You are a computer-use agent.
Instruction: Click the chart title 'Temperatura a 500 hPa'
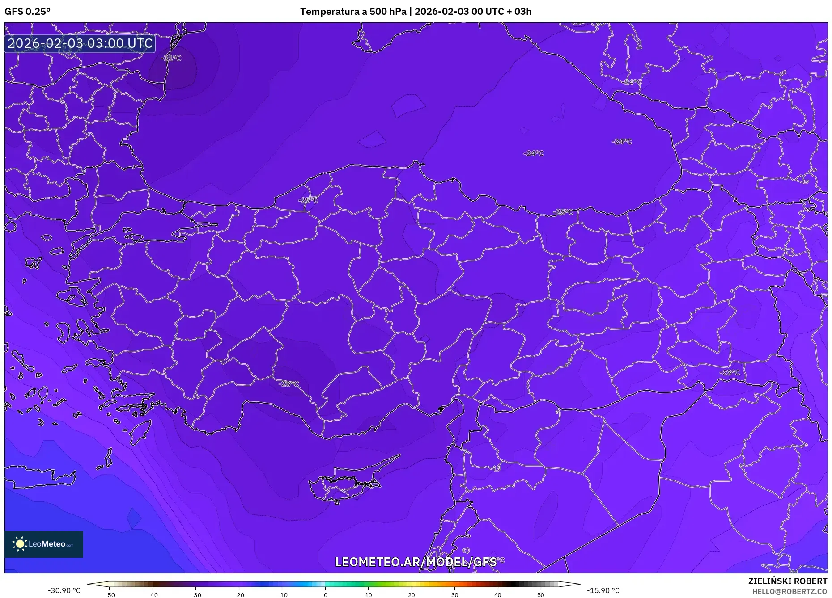click(x=353, y=12)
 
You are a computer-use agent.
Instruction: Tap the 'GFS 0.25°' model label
click(x=27, y=12)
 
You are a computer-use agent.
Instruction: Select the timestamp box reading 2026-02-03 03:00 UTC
click(x=80, y=43)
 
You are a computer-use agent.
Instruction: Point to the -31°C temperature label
click(x=172, y=58)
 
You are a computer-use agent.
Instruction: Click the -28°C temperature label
click(x=289, y=383)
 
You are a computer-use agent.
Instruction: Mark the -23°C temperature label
click(x=730, y=372)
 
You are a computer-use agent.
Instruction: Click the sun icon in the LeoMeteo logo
click(x=20, y=544)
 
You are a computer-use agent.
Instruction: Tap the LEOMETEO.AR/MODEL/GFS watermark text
click(x=416, y=562)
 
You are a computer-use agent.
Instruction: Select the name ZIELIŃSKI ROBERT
click(x=788, y=581)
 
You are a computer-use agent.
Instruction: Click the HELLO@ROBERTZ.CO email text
click(x=790, y=591)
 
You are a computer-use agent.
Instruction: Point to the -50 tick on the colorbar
click(x=110, y=595)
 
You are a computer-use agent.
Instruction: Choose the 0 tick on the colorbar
click(x=325, y=595)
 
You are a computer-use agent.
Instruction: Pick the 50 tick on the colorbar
click(x=541, y=595)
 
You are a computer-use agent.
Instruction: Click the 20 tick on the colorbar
click(x=412, y=595)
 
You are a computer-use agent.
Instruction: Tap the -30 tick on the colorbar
click(x=196, y=595)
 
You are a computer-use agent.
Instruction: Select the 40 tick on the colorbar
click(x=498, y=595)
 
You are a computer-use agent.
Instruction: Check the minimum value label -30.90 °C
click(x=64, y=590)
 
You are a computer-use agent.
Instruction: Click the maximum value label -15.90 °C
click(x=603, y=590)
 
